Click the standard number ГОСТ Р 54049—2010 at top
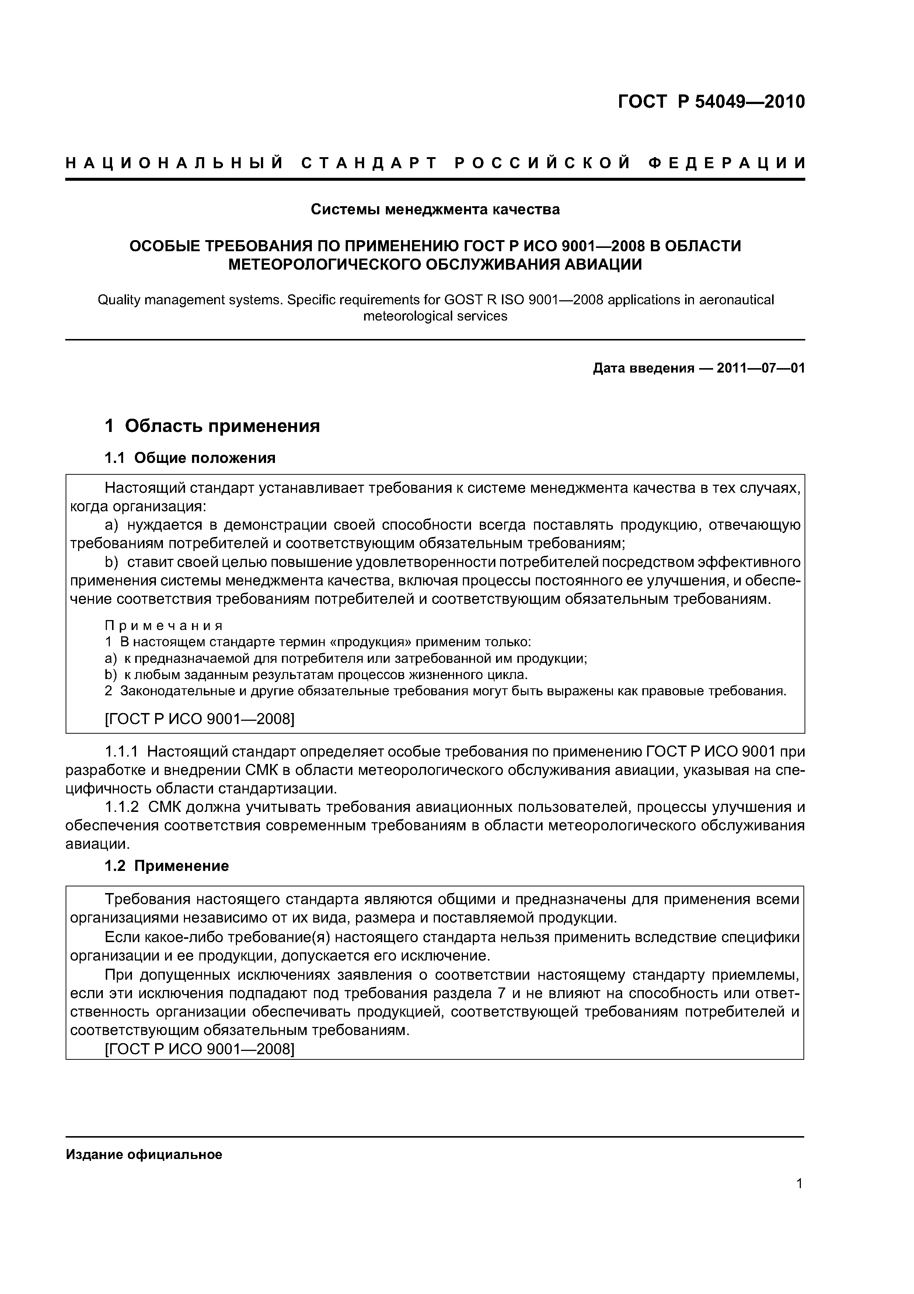(711, 102)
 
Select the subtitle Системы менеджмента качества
(435, 210)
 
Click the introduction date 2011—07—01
(760, 369)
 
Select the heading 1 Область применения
(212, 426)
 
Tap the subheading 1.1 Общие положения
(190, 458)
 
